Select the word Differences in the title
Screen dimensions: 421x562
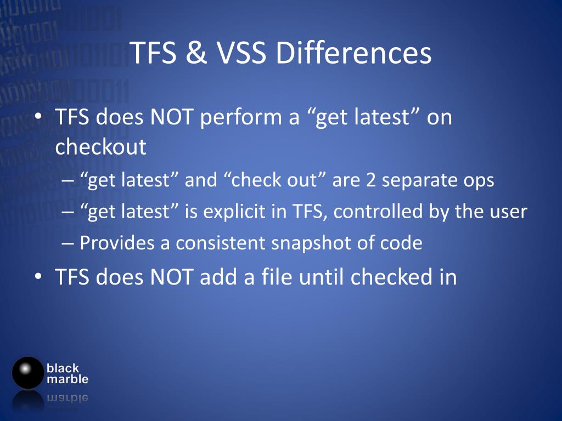[x=353, y=53]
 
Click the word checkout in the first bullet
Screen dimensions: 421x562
[x=101, y=147]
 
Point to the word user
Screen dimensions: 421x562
[x=506, y=212]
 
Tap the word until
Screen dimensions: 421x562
[x=322, y=277]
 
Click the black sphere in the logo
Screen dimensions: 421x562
[x=27, y=373]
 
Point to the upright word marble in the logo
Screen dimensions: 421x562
[x=68, y=379]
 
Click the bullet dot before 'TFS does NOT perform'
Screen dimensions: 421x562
[x=38, y=117]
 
